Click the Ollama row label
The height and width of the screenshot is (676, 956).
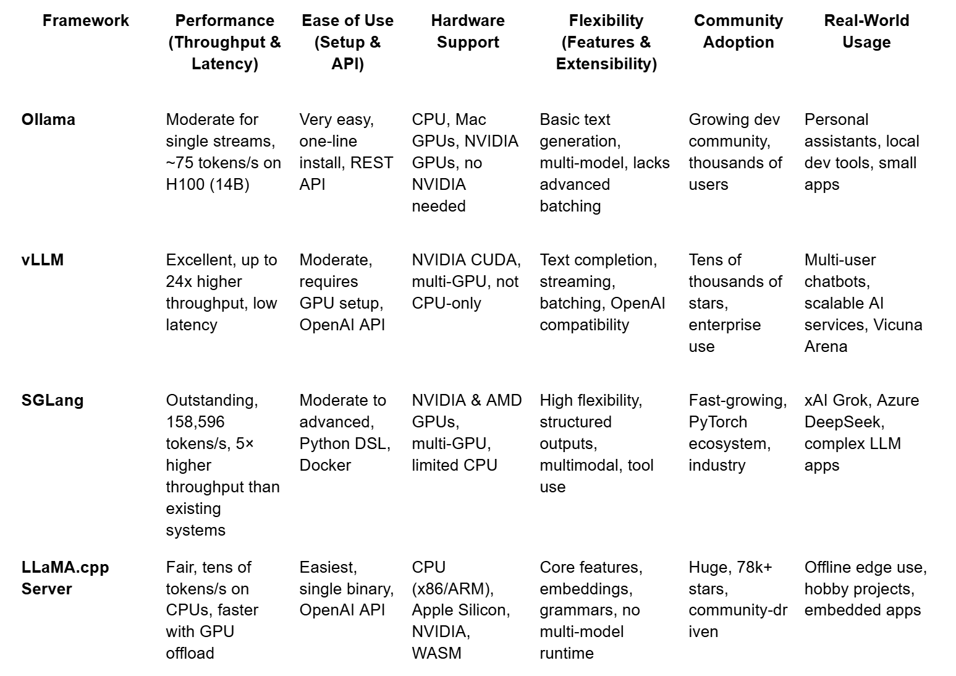click(x=48, y=119)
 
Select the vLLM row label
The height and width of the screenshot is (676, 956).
click(x=43, y=260)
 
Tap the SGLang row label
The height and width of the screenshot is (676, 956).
click(x=53, y=400)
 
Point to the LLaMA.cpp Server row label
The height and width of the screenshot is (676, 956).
click(x=65, y=578)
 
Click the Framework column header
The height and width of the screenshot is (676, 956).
click(x=86, y=20)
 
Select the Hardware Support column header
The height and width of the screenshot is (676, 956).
click(x=468, y=31)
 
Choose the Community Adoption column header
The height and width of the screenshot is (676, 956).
click(x=738, y=31)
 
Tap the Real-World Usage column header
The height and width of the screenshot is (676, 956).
click(x=866, y=31)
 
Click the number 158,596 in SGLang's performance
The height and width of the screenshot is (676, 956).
click(x=195, y=422)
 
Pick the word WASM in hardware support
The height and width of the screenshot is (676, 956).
click(x=436, y=653)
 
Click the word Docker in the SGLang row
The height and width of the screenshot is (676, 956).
click(x=325, y=465)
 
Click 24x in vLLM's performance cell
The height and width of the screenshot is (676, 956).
click(x=179, y=281)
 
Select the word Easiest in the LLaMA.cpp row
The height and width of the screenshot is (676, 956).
click(x=328, y=567)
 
